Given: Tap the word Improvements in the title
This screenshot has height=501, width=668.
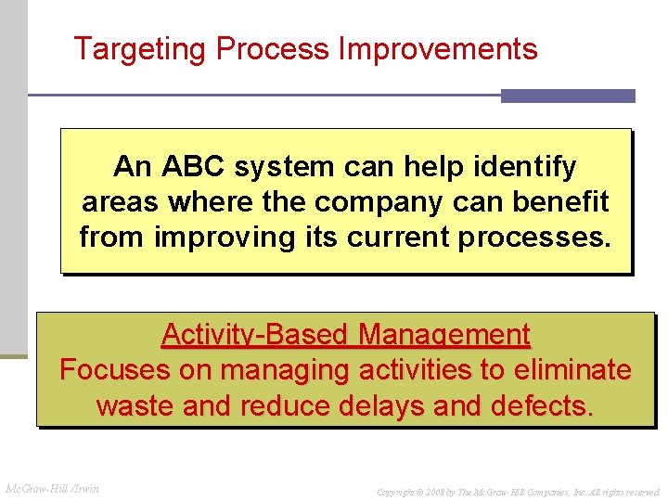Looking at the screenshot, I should pyautogui.click(x=438, y=49).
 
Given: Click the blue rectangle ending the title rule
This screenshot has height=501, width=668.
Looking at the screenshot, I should pyautogui.click(x=568, y=96).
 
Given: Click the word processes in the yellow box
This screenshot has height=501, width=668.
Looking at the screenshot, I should pyautogui.click(x=535, y=238).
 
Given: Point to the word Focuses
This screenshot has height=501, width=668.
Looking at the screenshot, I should pyautogui.click(x=115, y=370).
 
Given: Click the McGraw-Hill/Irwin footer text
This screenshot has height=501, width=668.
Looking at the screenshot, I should pyautogui.click(x=53, y=489).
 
